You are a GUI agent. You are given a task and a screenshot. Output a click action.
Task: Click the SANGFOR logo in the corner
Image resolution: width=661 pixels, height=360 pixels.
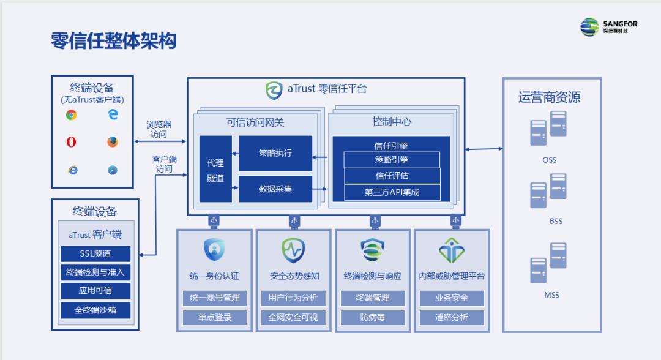[x=608, y=27]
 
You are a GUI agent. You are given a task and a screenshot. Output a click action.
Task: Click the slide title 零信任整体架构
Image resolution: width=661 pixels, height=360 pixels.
[x=114, y=41]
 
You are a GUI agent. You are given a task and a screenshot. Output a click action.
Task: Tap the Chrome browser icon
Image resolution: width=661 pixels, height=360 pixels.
[x=72, y=114]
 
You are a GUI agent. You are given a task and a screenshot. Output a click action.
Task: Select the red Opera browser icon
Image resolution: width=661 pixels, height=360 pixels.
[x=72, y=142]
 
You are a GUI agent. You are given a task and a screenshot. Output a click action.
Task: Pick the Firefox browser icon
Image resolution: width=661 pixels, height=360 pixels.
[x=112, y=142]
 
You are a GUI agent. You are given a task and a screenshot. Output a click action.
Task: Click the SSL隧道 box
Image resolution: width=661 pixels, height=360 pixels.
[x=95, y=253]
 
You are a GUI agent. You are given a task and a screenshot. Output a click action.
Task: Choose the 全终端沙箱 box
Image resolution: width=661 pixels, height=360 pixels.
[x=95, y=310]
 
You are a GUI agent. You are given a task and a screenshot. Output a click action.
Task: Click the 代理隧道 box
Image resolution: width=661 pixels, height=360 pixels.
[x=215, y=170]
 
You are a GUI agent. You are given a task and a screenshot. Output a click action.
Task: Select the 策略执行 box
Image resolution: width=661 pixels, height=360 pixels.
[x=275, y=153]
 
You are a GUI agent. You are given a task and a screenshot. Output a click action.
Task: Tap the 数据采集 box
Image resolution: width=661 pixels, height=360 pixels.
[x=275, y=189]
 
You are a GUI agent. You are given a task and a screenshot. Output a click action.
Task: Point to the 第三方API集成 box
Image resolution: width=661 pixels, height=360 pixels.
[x=392, y=192]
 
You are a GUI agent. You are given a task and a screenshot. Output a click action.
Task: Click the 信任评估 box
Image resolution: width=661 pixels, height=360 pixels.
[x=392, y=176]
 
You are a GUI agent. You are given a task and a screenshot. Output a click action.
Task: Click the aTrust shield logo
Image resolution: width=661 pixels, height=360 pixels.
[x=274, y=89]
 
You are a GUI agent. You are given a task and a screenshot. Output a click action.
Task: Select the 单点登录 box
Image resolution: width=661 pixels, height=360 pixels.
[x=214, y=318]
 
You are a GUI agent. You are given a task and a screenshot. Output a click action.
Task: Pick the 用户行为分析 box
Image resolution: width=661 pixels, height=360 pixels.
[x=293, y=298]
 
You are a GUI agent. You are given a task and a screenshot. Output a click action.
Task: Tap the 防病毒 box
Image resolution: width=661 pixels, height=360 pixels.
[x=373, y=318]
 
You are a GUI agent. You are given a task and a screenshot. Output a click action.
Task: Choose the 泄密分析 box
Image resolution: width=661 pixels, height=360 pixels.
[x=452, y=318]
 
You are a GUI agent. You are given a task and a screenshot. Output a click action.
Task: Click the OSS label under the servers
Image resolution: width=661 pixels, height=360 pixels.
[x=549, y=160]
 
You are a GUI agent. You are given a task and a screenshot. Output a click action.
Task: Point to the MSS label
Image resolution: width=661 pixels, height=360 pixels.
[x=551, y=295]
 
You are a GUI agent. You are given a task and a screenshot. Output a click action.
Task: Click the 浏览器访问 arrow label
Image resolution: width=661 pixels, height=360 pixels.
[x=159, y=129]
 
